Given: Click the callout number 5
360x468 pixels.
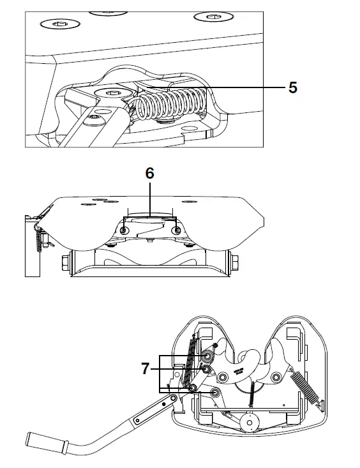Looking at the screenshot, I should tap(292, 87).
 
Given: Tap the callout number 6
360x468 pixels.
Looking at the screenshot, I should tap(150, 173).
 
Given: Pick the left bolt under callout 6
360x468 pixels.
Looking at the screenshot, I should tap(125, 230).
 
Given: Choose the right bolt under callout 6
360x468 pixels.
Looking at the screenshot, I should tap(176, 230).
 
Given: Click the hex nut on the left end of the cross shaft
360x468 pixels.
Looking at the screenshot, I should tap(66, 262).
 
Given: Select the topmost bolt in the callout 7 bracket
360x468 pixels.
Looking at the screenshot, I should tap(209, 356).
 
